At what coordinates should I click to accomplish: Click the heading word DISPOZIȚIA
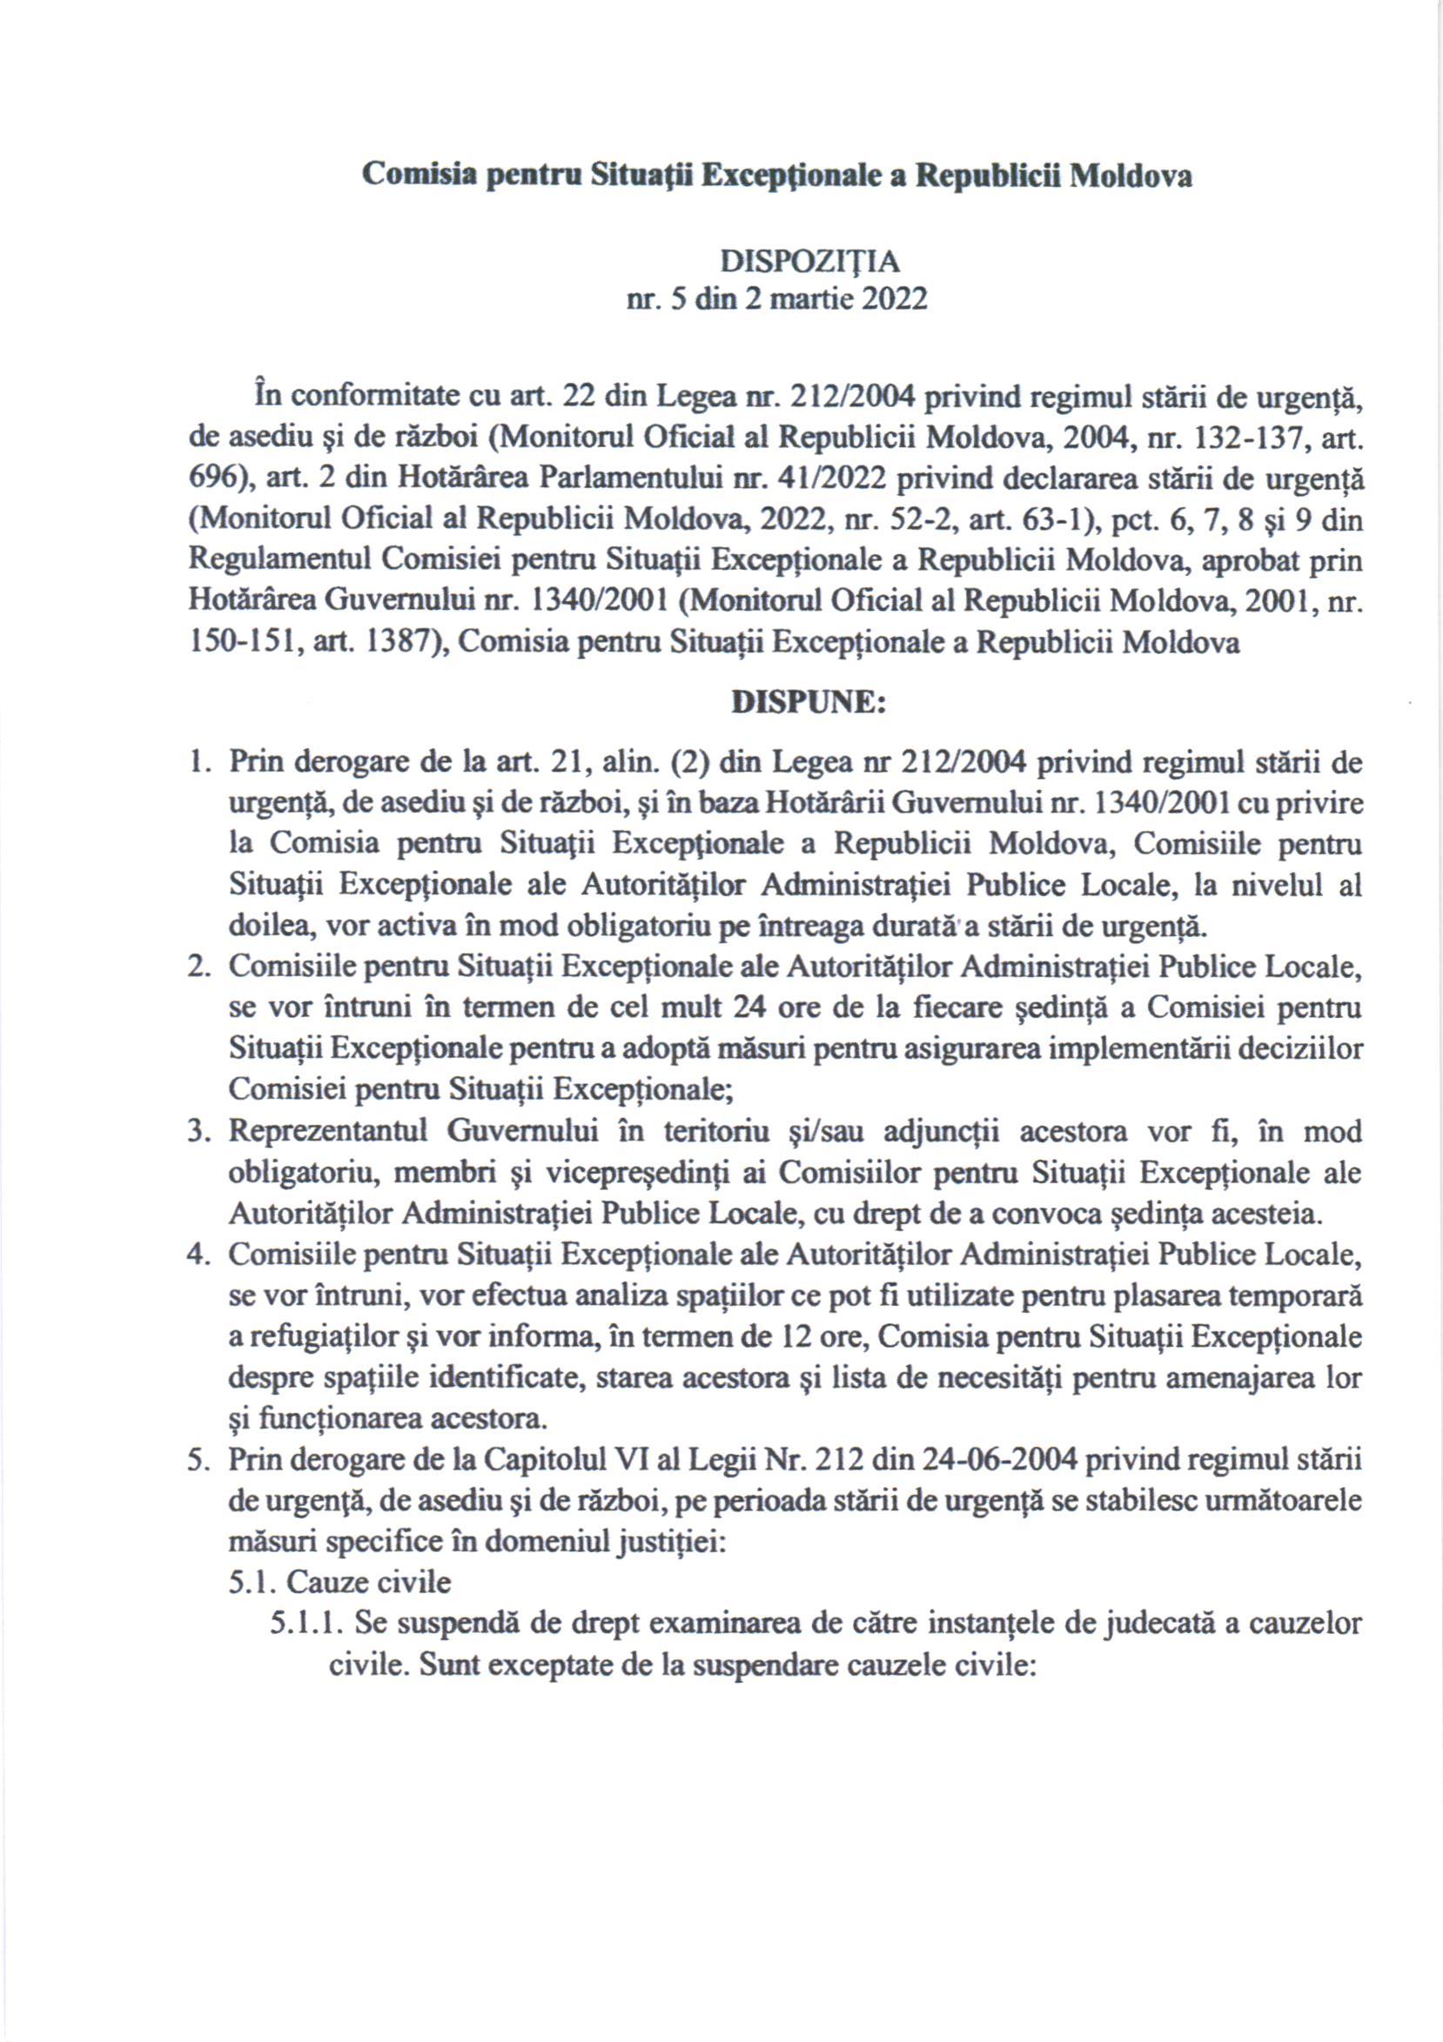click(x=809, y=262)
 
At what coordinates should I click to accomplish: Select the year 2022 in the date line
click(x=892, y=298)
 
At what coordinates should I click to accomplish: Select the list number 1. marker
click(x=198, y=763)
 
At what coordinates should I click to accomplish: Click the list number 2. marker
click(x=198, y=967)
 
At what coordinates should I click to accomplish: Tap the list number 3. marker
click(x=198, y=1131)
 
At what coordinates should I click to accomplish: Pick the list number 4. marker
click(x=198, y=1255)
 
